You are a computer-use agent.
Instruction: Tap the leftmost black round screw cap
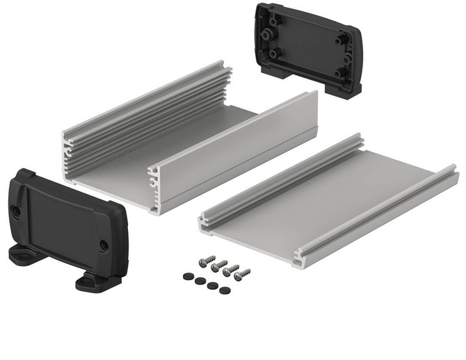point(187,276)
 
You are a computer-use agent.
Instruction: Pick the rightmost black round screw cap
point(223,290)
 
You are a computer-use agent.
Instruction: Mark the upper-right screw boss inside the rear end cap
point(341,41)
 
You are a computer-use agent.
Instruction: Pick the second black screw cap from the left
point(199,281)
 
